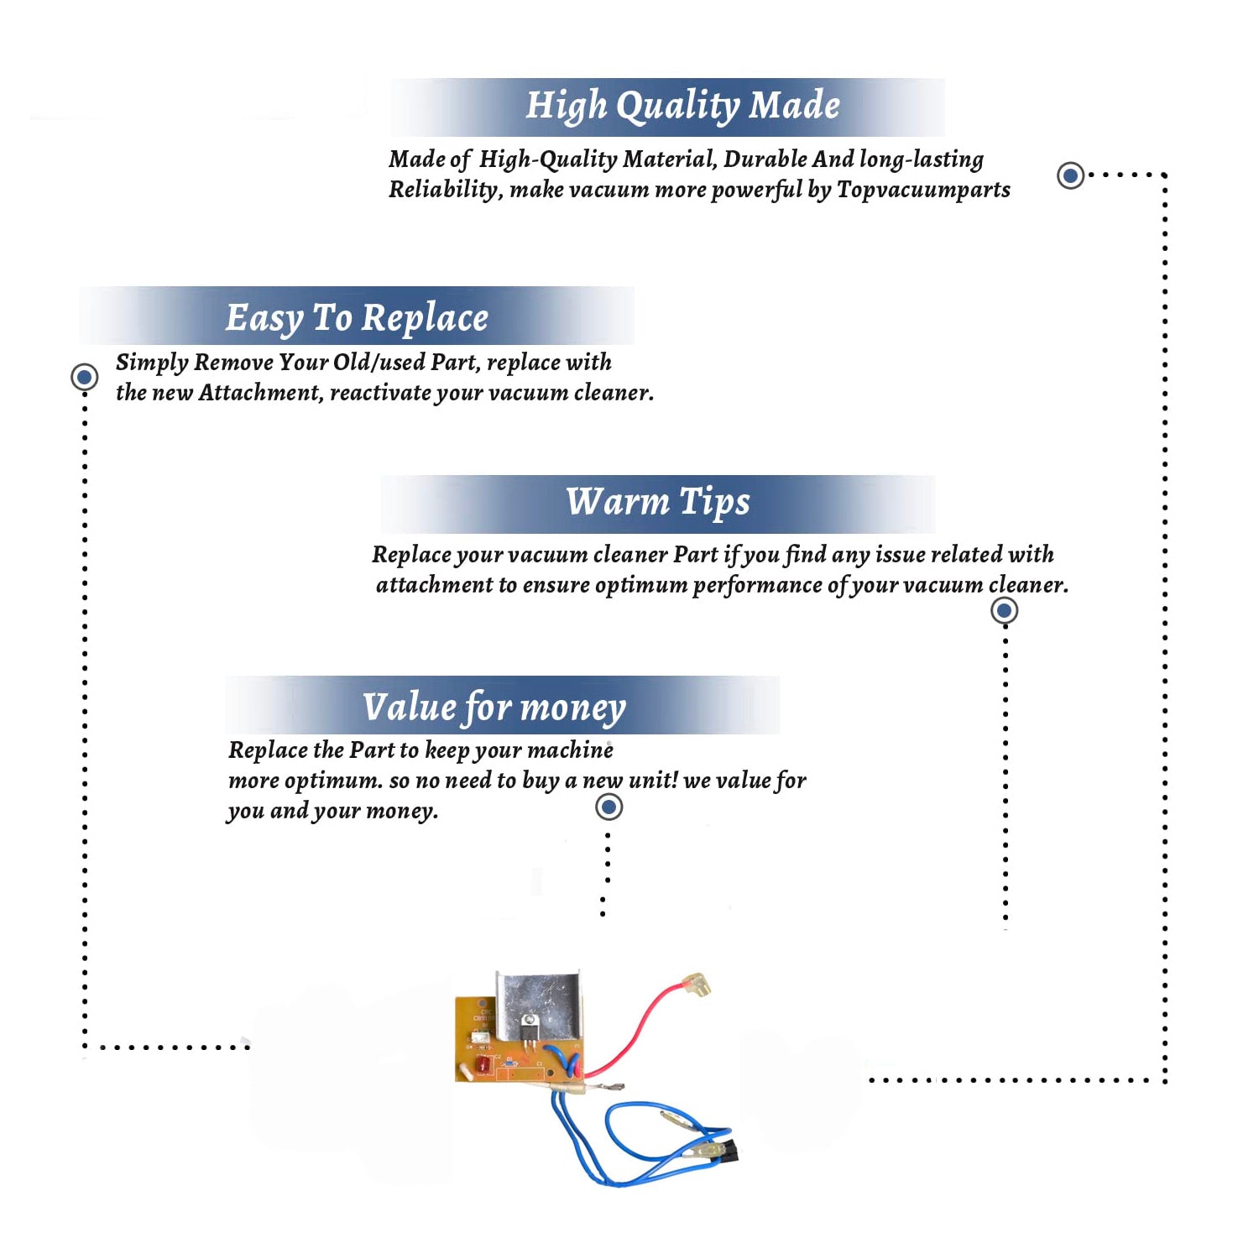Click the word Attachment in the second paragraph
260,392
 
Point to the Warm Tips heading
658,502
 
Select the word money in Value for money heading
572,708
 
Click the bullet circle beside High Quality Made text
1070,175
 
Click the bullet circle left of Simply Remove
84,377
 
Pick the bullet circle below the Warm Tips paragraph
1005,610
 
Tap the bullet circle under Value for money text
609,807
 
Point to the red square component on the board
484,1065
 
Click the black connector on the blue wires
729,1151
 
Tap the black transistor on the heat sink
529,1026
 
